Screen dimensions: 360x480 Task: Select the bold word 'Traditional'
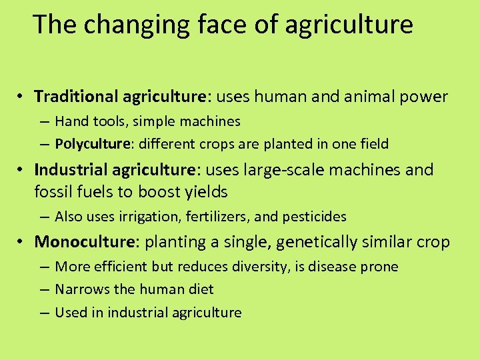[77, 97]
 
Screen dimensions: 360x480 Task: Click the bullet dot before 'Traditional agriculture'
[22, 97]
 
